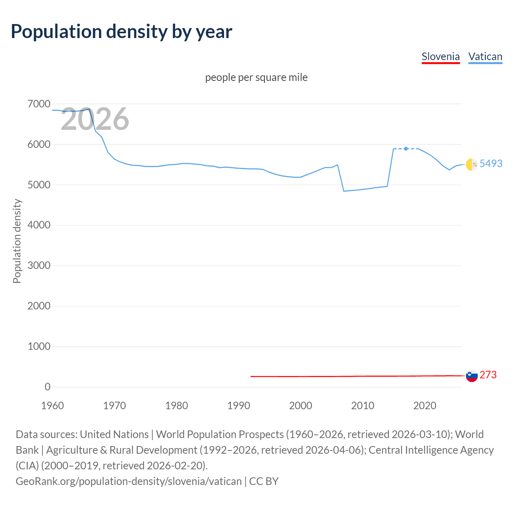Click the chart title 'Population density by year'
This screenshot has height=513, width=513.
[121, 32]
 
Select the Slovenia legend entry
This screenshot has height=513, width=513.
[440, 57]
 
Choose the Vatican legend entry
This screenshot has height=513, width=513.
[485, 57]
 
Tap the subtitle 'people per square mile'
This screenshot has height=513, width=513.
[256, 77]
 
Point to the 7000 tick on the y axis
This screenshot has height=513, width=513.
[39, 104]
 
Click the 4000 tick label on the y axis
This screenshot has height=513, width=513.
[39, 225]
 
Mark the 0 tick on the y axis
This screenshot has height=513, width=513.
[47, 387]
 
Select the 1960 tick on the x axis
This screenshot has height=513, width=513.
[53, 406]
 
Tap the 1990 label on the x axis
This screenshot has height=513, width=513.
[238, 406]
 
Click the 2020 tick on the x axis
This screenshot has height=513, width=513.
[424, 406]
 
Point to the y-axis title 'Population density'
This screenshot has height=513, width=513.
[17, 241]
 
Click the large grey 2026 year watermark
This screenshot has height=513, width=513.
[95, 119]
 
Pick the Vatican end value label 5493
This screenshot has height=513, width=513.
[491, 164]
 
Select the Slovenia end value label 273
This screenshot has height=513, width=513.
[488, 375]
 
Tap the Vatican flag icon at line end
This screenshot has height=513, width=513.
[472, 164]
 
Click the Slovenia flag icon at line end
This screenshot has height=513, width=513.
[472, 376]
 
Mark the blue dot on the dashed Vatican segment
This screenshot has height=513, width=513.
[406, 149]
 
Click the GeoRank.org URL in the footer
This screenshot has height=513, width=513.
[129, 481]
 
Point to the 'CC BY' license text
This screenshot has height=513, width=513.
[264, 481]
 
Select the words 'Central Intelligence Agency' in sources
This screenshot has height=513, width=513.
[431, 450]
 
